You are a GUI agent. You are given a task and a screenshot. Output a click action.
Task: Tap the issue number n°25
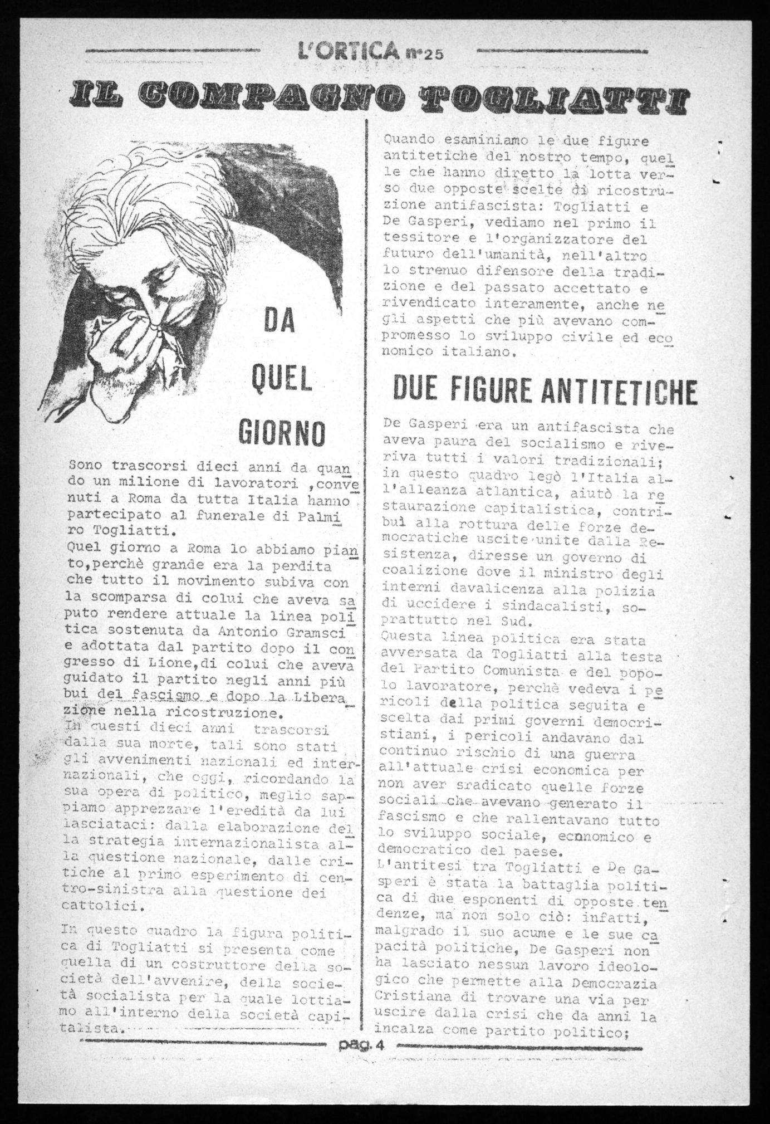[423, 55]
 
